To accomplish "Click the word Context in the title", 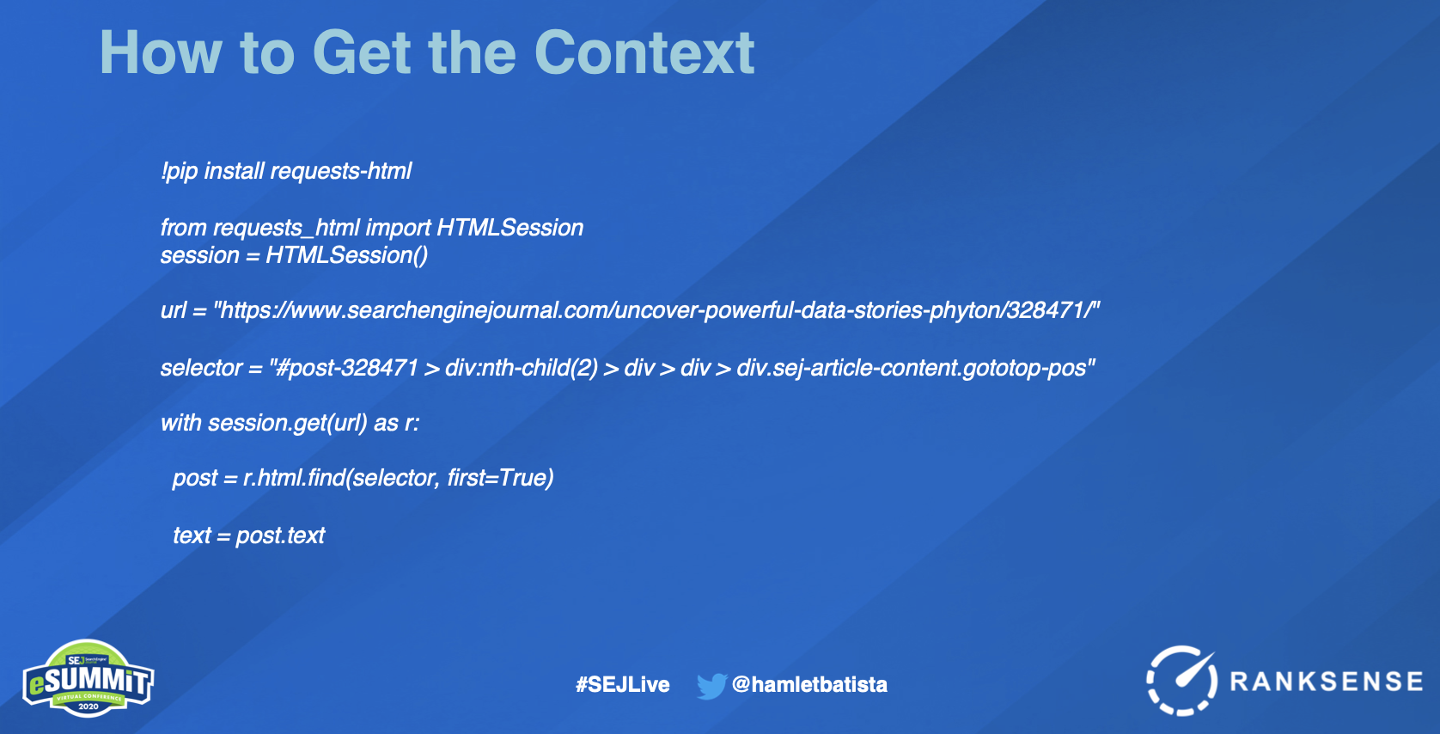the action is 644,52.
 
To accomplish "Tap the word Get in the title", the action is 361,52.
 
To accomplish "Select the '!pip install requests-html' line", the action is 286,172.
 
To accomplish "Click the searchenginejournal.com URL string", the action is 656,311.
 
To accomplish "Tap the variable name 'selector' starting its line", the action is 201,368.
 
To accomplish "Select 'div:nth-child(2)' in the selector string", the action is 522,368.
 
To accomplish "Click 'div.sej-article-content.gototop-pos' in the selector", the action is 911,368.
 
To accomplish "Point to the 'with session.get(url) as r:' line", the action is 290,423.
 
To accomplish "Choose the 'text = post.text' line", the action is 249,535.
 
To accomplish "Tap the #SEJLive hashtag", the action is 622,684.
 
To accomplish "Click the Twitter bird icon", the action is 711,686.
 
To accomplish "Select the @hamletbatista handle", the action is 809,684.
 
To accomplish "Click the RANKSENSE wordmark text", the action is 1327,682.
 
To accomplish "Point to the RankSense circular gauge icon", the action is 1181,681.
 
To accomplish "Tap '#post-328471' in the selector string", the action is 346,368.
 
